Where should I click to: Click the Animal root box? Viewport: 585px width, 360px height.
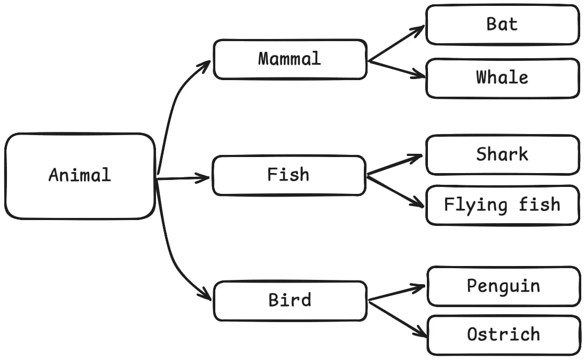80,176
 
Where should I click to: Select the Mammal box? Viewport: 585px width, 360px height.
290,59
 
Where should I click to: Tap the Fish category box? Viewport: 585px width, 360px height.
288,175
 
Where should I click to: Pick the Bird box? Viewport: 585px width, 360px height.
290,301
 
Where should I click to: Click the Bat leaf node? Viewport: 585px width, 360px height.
502,25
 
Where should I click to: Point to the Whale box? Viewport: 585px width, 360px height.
502,78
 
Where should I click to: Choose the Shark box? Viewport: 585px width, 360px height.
502,155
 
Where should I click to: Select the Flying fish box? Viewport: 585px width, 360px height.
502,205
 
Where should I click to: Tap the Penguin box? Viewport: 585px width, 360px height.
503,286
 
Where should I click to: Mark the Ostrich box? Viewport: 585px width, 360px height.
503,335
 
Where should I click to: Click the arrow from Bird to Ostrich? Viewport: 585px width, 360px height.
397,319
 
